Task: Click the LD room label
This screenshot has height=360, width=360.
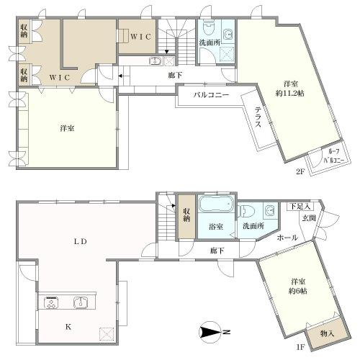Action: coord(79,242)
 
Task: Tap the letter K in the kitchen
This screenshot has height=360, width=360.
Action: coord(69,326)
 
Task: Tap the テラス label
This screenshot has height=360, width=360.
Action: coord(258,117)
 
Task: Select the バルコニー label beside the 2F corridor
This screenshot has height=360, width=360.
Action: coord(211,95)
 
